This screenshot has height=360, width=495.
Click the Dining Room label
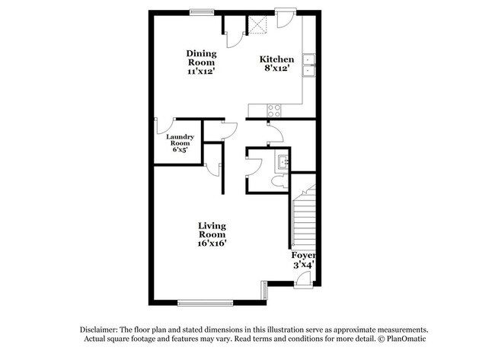tap(202, 57)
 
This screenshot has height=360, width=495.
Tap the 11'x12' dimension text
tap(202, 71)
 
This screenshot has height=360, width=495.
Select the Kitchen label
tap(276, 59)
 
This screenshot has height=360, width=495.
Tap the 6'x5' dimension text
tap(180, 150)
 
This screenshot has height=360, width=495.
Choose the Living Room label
tap(212, 230)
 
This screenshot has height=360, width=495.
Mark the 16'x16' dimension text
tap(212, 244)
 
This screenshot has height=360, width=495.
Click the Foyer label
tap(303, 255)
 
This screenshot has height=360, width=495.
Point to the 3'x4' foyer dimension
tap(303, 266)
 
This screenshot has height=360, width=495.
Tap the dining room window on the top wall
tap(202, 11)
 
